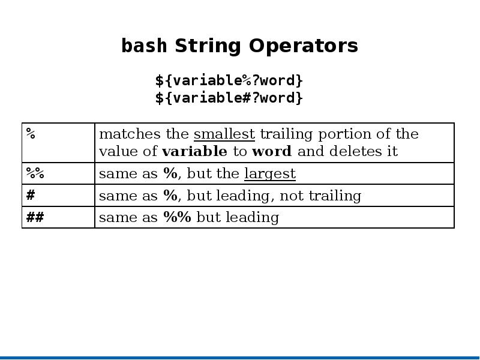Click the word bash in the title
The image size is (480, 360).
[144, 46]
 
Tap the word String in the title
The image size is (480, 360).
[208, 46]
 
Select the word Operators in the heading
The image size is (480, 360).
[304, 46]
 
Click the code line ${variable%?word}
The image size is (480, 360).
[229, 80]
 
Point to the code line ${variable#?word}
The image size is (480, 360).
[229, 98]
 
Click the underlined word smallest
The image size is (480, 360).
[224, 134]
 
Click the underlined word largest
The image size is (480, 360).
[270, 174]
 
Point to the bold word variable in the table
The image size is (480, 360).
[194, 151]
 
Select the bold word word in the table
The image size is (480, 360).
[272, 151]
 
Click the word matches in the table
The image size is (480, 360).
[130, 134]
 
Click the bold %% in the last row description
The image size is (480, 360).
[177, 217]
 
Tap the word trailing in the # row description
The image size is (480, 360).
[335, 196]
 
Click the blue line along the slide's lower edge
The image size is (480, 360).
[240, 358]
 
